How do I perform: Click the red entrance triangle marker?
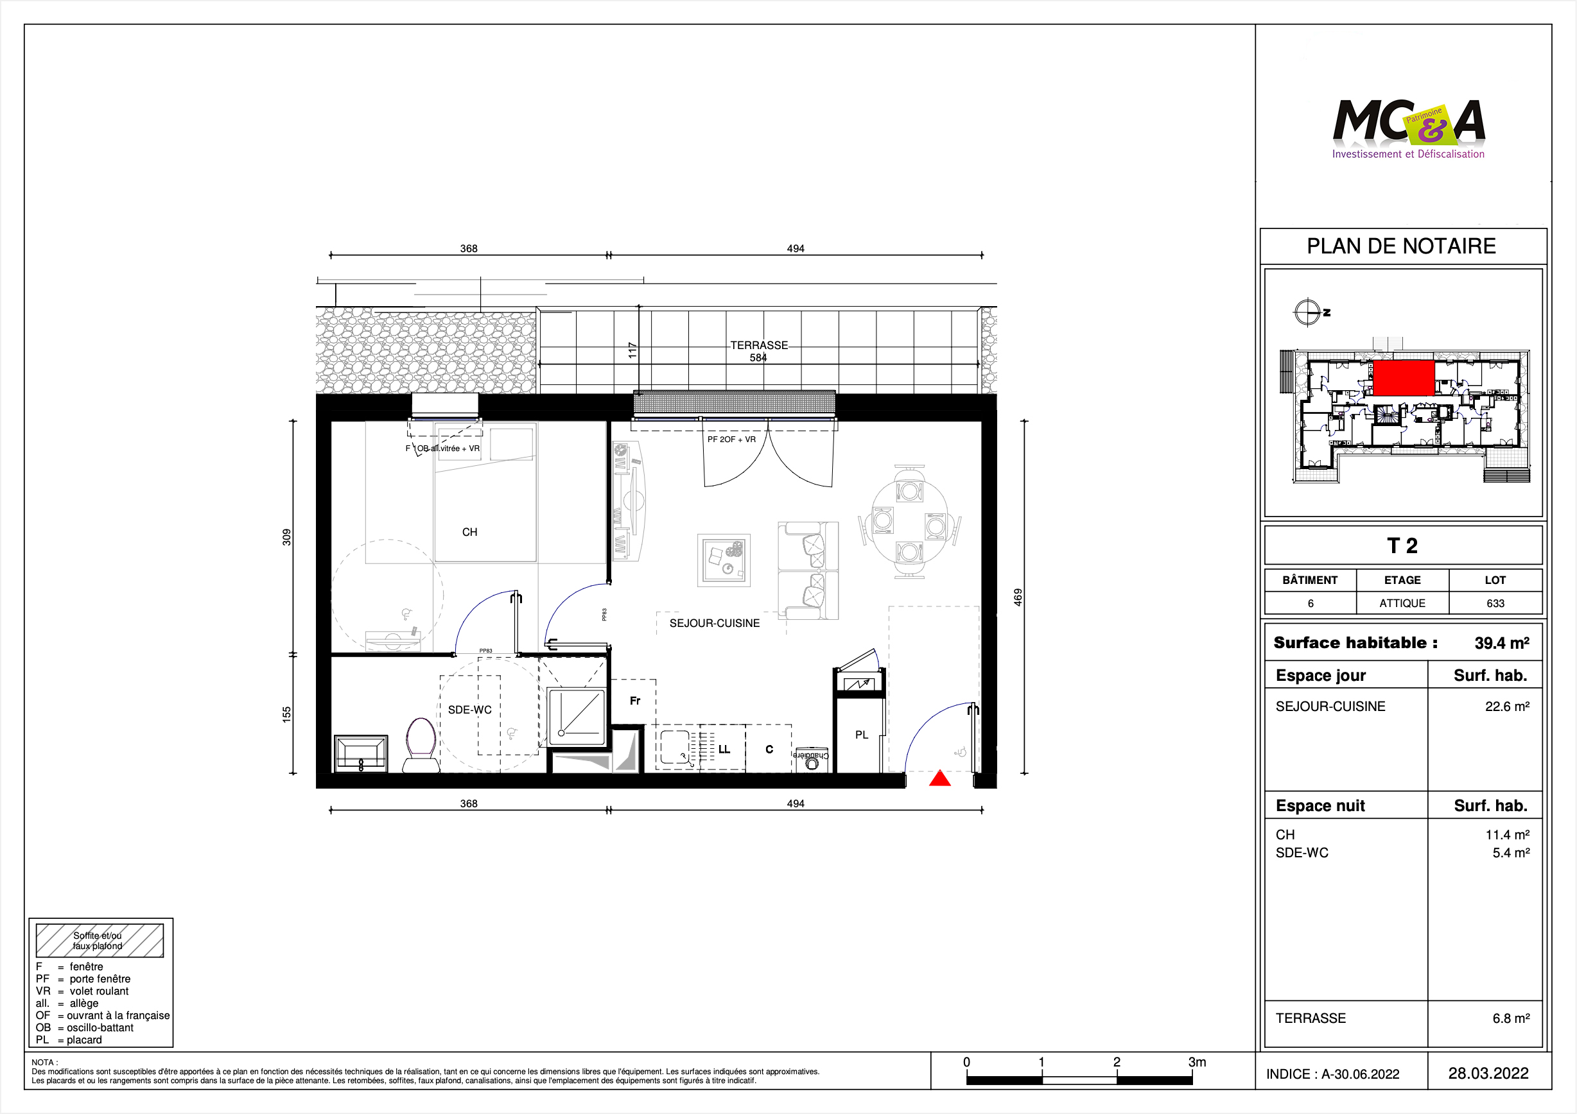pos(939,778)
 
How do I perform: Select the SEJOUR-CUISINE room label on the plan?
pos(714,623)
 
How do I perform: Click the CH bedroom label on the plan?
pos(470,532)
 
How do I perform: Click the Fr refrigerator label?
pos(635,701)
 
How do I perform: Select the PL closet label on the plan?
pos(861,734)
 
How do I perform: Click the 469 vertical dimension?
pos(1018,597)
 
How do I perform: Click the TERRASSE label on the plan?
pos(759,345)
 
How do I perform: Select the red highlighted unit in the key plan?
pos(1403,378)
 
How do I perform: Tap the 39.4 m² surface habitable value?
pos(1501,643)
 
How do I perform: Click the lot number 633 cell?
pos(1495,603)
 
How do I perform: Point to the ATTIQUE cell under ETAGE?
pos(1402,603)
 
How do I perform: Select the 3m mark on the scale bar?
pos(1196,1062)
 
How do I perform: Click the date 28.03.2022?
pos(1488,1074)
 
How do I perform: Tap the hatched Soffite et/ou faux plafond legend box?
pos(100,940)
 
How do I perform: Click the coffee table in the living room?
pos(724,560)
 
